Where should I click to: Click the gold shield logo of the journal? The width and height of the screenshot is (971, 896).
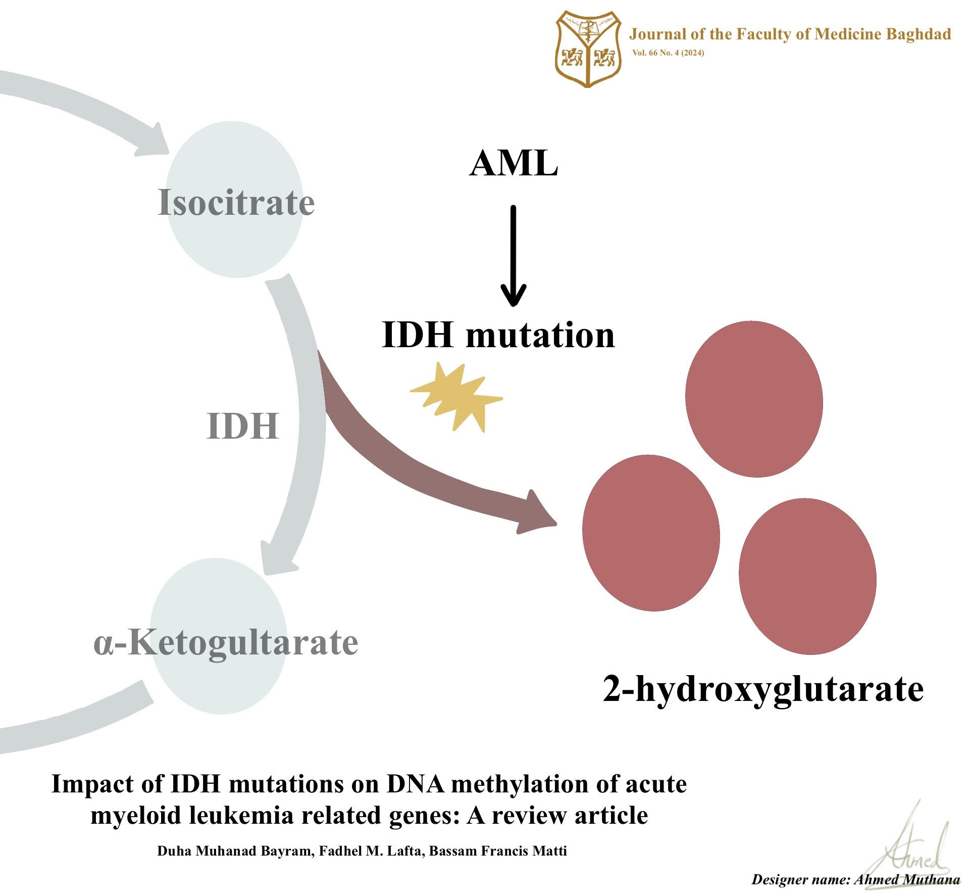588,50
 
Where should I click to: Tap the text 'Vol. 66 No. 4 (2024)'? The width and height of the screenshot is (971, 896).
668,53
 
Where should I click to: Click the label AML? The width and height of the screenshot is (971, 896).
514,164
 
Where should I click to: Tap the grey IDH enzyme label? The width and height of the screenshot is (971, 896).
242,426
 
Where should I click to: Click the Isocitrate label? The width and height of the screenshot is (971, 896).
236,202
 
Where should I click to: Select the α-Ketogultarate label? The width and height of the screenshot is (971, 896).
226,643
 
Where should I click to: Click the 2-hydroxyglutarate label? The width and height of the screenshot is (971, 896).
763,689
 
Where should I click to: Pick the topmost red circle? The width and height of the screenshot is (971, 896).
754,399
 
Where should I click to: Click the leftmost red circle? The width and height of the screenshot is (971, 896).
651,533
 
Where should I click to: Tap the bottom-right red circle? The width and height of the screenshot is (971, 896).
807,577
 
